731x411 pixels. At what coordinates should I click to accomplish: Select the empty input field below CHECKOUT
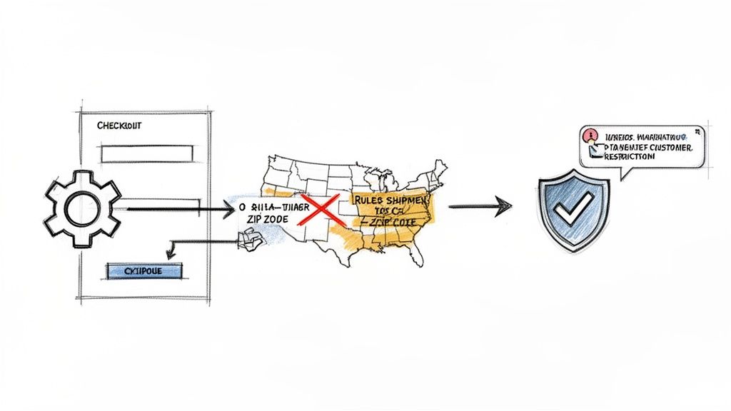(147, 153)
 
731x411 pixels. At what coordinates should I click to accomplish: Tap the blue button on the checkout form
(144, 271)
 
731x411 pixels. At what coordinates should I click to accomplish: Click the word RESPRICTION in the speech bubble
(629, 157)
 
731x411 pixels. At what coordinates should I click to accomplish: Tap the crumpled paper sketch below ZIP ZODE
(249, 243)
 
